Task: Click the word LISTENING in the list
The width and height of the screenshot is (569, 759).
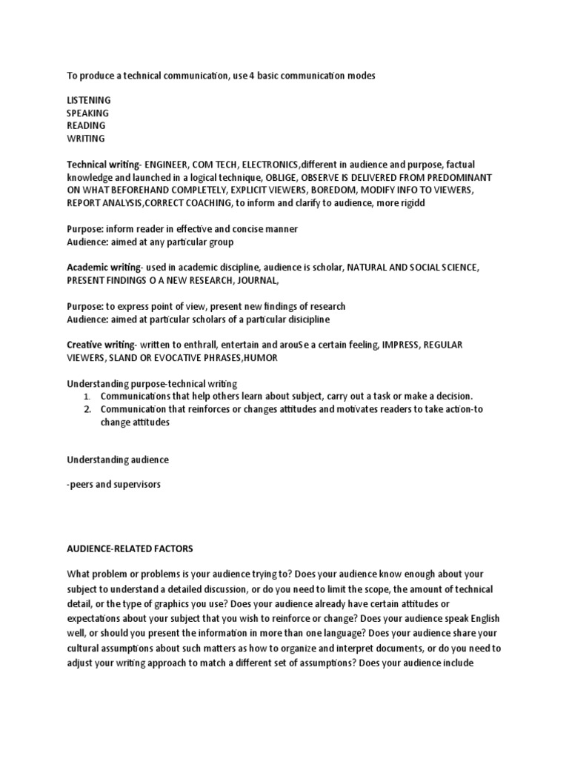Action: click(89, 100)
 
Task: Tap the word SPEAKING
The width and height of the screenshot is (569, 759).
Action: click(87, 113)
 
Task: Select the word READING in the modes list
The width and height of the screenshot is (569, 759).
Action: click(86, 125)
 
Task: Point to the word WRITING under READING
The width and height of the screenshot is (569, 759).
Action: click(86, 138)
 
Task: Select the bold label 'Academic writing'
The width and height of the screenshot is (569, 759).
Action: click(104, 267)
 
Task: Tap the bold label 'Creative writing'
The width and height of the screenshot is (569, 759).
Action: click(101, 345)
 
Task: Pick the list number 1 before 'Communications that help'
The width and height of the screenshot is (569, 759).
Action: click(87, 397)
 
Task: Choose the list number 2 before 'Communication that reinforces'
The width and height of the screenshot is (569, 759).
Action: click(87, 409)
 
